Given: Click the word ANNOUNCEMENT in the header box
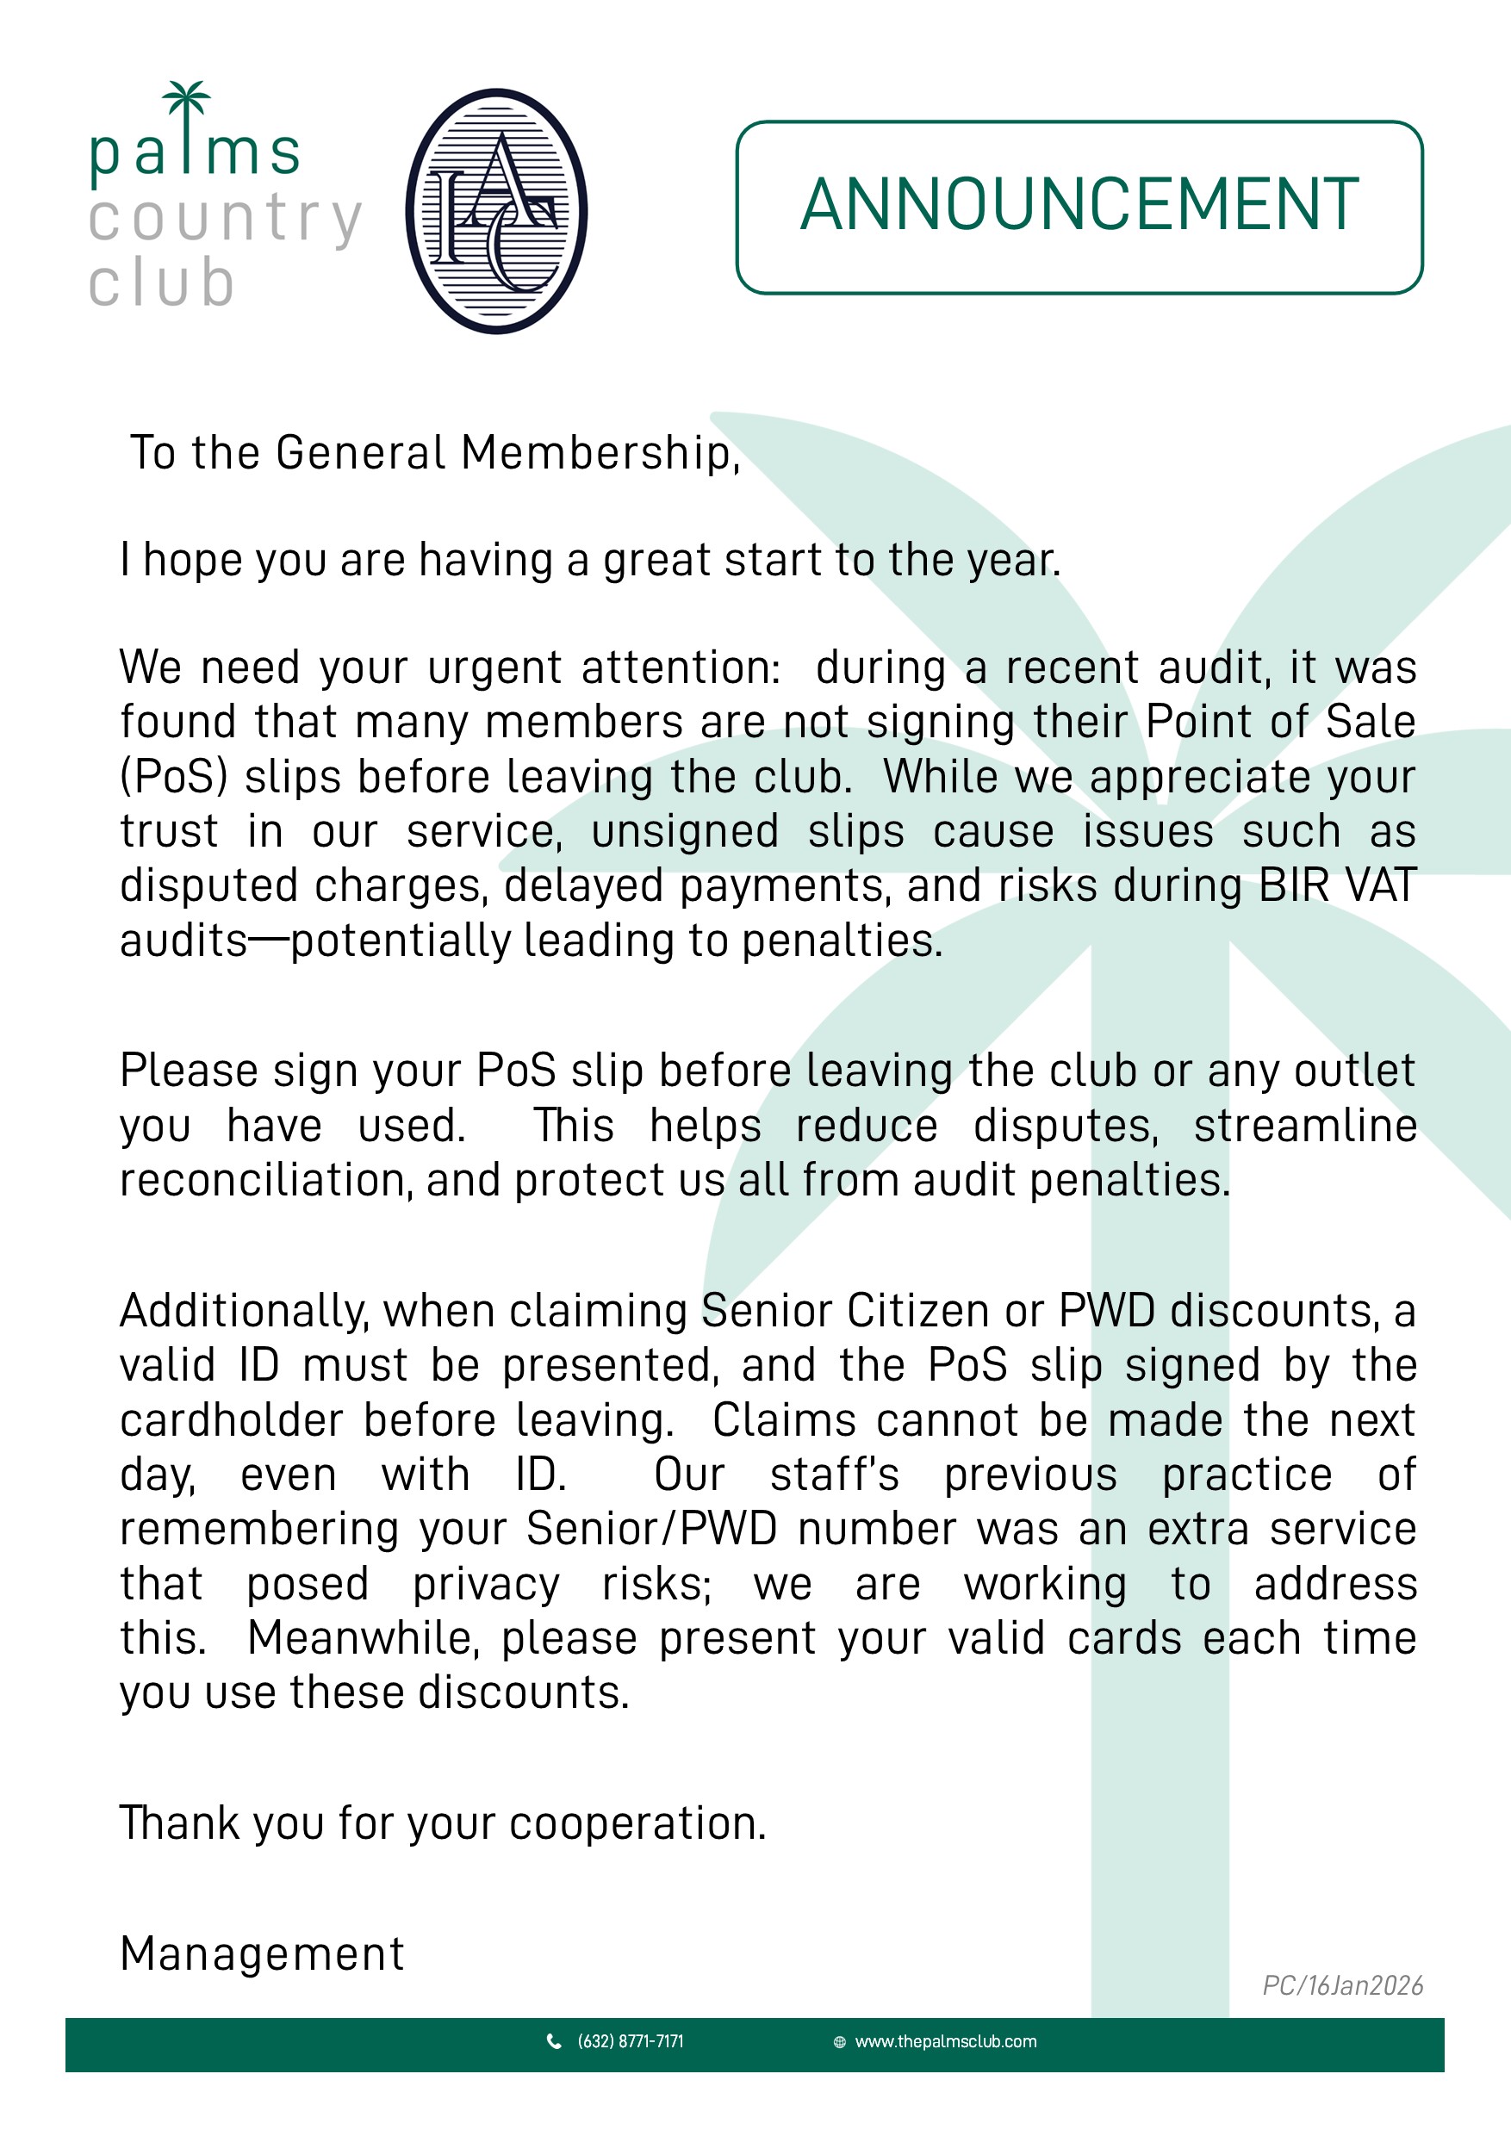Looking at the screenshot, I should coord(1079,206).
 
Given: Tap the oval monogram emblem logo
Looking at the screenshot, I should coord(496,211).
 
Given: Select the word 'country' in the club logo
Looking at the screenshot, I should coord(225,220).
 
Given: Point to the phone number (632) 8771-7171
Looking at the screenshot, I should coord(630,2041).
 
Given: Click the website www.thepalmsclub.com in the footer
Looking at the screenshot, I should coord(945,2041).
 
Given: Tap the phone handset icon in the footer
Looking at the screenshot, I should coord(554,2041).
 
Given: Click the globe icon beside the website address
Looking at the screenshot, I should coord(839,2042).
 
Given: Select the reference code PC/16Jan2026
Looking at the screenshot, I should coord(1341,1985).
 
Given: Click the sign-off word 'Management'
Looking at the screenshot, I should coord(263,1953).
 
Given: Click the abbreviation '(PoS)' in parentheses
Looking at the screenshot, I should coord(174,777).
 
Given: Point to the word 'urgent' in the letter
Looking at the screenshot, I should coord(495,668).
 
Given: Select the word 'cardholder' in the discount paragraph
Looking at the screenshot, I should coord(232,1420).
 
